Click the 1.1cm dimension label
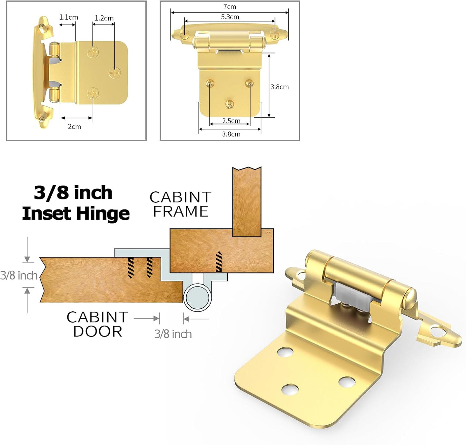pyautogui.click(x=68, y=17)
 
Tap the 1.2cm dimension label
pyautogui.click(x=104, y=18)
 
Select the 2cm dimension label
pyautogui.click(x=74, y=126)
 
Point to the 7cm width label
pyautogui.click(x=230, y=7)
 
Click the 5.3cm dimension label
pyautogui.click(x=230, y=17)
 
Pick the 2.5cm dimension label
pyautogui.click(x=231, y=121)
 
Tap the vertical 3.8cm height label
pyautogui.click(x=279, y=87)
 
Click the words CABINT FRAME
pyautogui.click(x=180, y=204)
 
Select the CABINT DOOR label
pyautogui.click(x=97, y=324)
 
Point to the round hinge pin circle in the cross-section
pyautogui.click(x=197, y=298)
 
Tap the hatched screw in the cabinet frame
pyautogui.click(x=219, y=261)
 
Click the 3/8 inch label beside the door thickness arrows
pyautogui.click(x=19, y=275)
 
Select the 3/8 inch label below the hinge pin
pyautogui.click(x=173, y=334)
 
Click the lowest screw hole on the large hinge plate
pyautogui.click(x=290, y=389)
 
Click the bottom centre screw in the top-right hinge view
pyautogui.click(x=230, y=104)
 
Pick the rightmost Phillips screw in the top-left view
pyautogui.click(x=114, y=73)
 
